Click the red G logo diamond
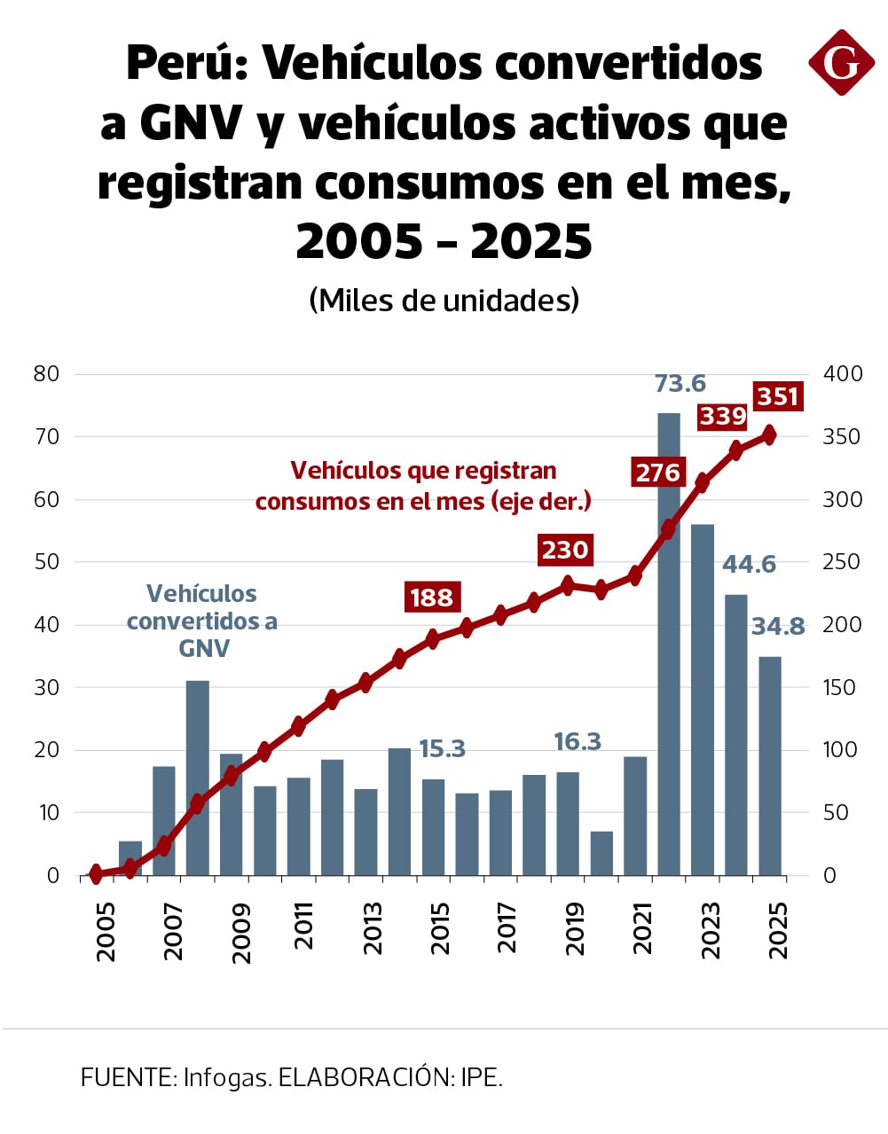841,62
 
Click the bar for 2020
601,853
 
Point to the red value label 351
778,396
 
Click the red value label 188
431,598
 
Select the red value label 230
565,550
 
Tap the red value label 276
657,473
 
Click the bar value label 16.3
577,741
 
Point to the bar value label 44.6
749,564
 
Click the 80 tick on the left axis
46,373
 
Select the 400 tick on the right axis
843,373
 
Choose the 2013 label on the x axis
373,928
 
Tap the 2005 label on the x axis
106,931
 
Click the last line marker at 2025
769,435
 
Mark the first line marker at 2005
97,874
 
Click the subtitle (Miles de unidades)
444,300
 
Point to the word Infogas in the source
226,1077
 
